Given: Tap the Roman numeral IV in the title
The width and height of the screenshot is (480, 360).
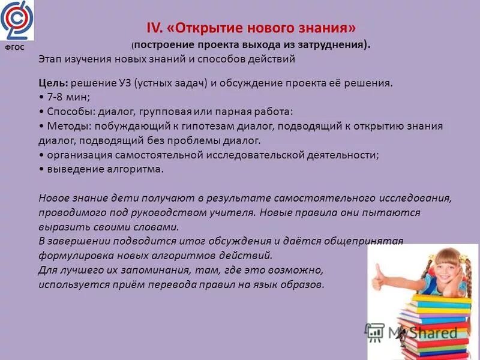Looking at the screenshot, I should pyautogui.click(x=154, y=28).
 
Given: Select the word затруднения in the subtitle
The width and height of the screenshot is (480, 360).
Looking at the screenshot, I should pyautogui.click(x=335, y=44).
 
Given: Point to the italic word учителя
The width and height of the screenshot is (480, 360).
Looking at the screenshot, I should pyautogui.click(x=233, y=212).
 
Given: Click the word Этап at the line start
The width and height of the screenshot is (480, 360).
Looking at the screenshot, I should pyautogui.click(x=50, y=59).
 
